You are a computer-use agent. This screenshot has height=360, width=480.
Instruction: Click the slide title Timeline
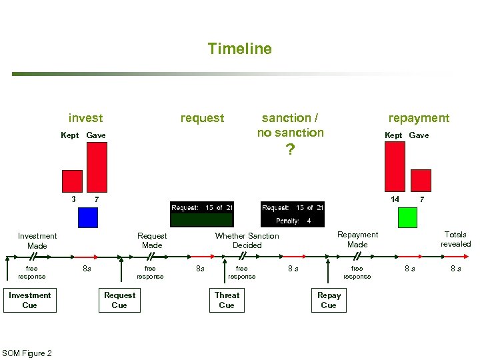click(x=239, y=49)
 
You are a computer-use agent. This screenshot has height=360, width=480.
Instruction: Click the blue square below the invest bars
click(x=87, y=217)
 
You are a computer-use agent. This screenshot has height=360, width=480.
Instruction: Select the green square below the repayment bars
click(x=407, y=217)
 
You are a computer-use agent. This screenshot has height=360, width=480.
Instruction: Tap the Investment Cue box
click(x=29, y=300)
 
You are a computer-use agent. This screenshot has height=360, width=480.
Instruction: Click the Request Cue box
click(x=119, y=300)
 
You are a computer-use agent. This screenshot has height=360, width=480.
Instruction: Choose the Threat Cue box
click(x=227, y=300)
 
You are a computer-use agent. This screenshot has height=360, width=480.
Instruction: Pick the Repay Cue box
click(x=329, y=300)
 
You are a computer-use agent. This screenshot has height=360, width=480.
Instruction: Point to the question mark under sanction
click(x=289, y=150)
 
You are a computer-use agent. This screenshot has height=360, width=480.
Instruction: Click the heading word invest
click(x=85, y=118)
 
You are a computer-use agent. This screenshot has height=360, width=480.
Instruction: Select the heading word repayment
click(x=419, y=118)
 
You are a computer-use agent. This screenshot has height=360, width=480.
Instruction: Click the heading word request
click(x=202, y=118)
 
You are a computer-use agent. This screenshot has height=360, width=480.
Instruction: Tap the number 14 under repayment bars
click(x=395, y=199)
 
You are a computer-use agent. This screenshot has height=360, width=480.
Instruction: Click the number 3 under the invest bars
click(x=73, y=199)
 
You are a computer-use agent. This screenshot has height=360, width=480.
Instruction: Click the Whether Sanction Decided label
click(x=247, y=241)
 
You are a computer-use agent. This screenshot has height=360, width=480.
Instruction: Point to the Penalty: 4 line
click(x=293, y=221)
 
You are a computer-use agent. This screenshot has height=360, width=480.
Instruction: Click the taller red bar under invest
click(x=97, y=167)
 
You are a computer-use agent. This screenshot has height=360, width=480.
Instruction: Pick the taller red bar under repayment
click(x=395, y=167)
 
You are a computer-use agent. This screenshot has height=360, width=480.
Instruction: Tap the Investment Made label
click(x=37, y=241)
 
